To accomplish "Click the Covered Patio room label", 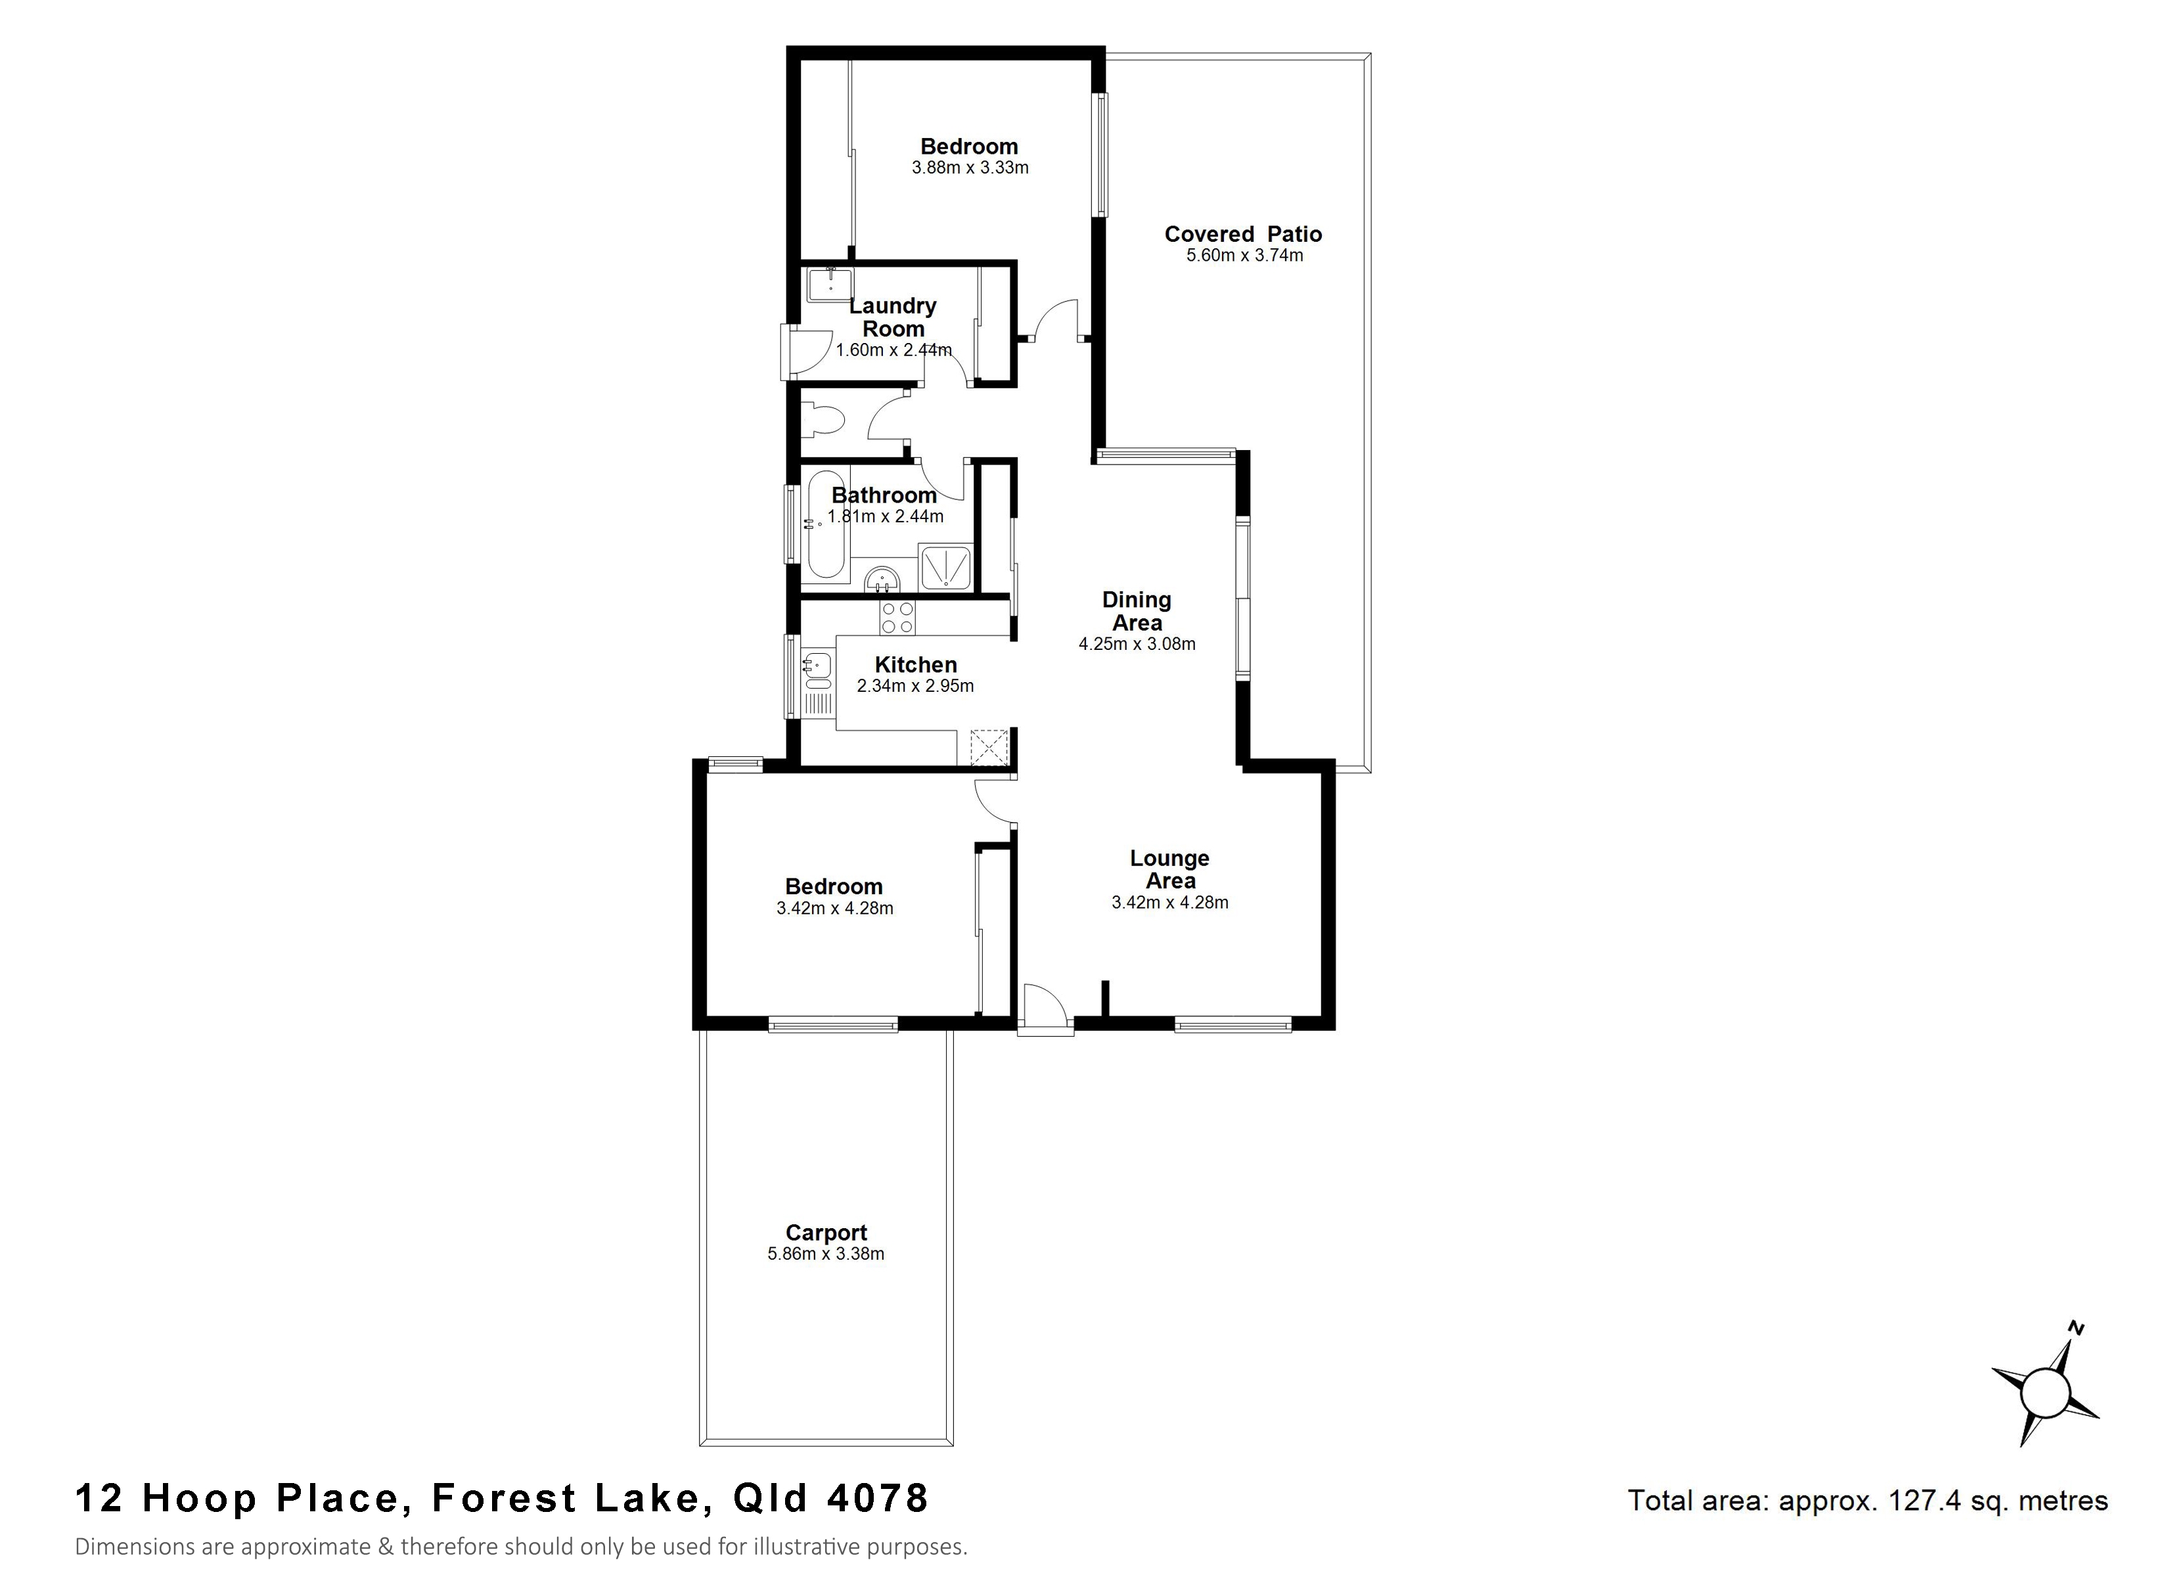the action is point(1243,235).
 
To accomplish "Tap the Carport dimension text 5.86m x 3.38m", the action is point(826,1254).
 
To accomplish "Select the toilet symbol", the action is point(823,421).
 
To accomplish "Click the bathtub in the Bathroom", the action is point(825,524).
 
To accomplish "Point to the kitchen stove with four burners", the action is point(897,617).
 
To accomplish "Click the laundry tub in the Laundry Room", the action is point(829,285).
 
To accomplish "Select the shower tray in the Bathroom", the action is point(945,566).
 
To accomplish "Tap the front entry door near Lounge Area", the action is point(1044,1010).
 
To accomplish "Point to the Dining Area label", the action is point(1137,611).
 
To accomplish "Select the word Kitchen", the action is point(916,665).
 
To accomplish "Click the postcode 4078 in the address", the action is point(878,1499).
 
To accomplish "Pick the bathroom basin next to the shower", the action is point(882,580).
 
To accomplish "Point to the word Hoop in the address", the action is point(200,1499).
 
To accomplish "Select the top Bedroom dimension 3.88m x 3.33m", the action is point(970,168).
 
